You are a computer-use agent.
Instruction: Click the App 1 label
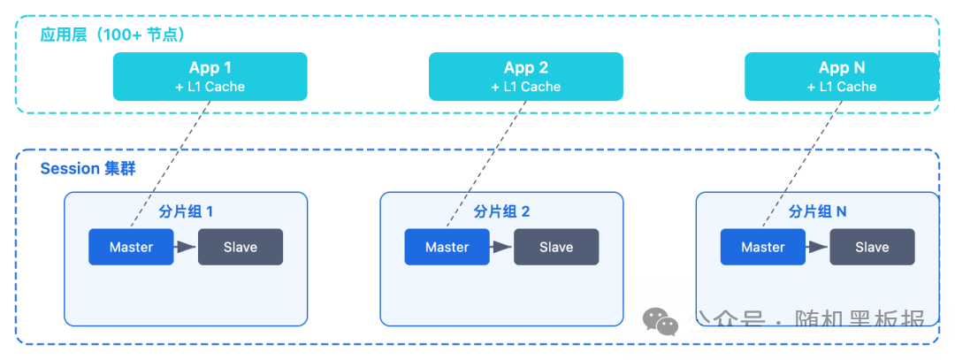coord(210,68)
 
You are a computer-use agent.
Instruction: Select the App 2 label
coord(525,68)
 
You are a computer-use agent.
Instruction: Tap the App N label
coord(841,68)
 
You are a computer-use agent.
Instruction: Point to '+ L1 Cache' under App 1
coord(210,87)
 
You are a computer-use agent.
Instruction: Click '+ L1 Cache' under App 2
coord(525,87)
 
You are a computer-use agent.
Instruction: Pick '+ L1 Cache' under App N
coord(841,87)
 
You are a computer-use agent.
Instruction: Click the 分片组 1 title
coord(186,212)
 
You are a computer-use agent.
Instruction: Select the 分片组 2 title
coord(501,212)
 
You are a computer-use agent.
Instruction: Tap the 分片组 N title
coord(817,212)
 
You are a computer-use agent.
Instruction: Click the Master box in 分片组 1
coord(131,247)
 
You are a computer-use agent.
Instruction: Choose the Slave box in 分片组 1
coord(241,247)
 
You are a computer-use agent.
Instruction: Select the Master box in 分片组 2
coord(447,247)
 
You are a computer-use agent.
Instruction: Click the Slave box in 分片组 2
coord(556,247)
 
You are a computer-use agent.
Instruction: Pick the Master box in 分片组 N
coord(763,247)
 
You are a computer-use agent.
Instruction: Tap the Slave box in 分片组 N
coord(872,247)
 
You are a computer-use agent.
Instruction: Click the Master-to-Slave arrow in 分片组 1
coord(186,247)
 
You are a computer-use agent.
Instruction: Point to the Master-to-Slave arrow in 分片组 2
coord(501,247)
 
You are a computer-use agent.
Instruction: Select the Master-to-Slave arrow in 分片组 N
coord(817,247)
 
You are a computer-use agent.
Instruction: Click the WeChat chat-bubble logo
coord(661,322)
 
